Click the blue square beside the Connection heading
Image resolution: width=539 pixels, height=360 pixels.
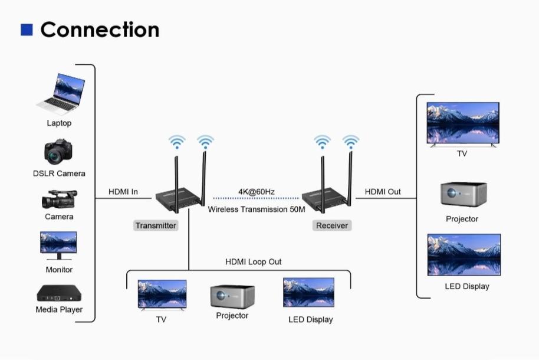(27, 30)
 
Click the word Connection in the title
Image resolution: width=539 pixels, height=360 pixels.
(100, 30)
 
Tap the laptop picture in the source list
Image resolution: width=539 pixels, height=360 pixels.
(61, 93)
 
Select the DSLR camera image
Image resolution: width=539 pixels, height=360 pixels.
(58, 152)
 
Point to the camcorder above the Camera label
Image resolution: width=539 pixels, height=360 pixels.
(59, 199)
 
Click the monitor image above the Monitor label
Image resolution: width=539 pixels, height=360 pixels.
(58, 245)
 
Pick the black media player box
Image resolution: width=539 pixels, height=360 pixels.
(59, 293)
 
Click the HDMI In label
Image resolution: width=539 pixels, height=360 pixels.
(123, 192)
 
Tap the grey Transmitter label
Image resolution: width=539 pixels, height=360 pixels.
(156, 225)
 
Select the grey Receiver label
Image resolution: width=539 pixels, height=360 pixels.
(332, 225)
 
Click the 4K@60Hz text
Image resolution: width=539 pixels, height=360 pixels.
(256, 192)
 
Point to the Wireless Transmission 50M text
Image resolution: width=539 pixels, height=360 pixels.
(257, 210)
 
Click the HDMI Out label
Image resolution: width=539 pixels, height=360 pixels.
(383, 192)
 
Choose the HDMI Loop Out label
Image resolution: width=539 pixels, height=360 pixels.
(254, 261)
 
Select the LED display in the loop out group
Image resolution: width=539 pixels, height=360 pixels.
(308, 293)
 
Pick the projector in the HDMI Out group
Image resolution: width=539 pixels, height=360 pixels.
(463, 194)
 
